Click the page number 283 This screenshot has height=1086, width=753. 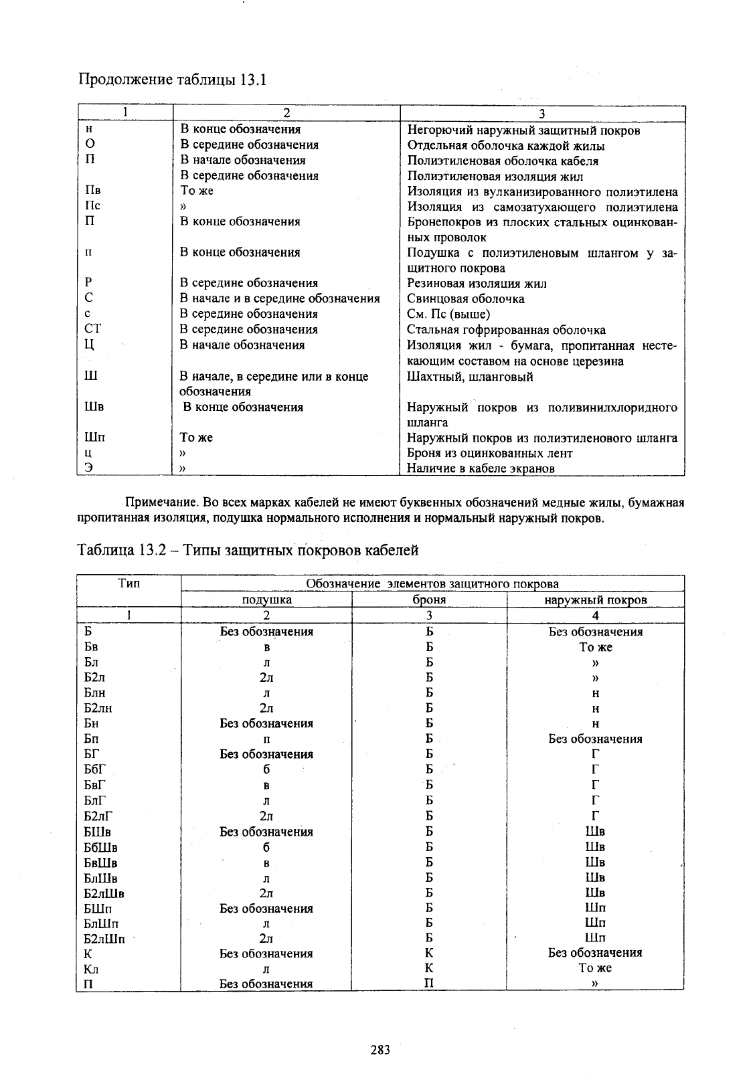380,1050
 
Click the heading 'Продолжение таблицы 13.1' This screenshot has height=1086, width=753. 173,80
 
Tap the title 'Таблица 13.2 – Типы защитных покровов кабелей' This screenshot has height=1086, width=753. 248,551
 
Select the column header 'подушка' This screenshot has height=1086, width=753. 266,600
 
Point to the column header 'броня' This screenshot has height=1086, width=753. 429,600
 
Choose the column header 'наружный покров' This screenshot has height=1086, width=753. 595,600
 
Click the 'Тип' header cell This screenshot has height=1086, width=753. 129,583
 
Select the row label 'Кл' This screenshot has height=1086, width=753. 92,969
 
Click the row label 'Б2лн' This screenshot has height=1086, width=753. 98,708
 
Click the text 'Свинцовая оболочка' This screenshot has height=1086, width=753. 466,299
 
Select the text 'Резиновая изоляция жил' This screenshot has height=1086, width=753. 478,283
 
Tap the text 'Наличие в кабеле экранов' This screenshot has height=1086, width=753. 481,468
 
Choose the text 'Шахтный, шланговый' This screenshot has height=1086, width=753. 470,377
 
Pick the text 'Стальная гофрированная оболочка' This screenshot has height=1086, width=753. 506,330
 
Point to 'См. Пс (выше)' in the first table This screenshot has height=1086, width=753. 448,314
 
